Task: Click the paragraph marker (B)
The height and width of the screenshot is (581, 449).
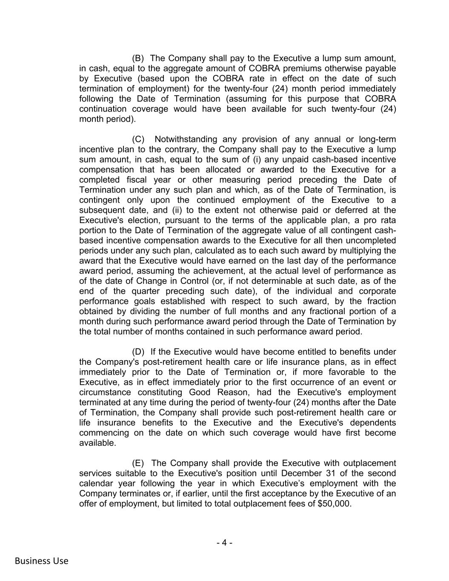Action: tap(138, 58)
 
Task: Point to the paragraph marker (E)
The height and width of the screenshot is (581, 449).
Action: tap(138, 463)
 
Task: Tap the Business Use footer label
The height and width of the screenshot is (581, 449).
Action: tap(41, 561)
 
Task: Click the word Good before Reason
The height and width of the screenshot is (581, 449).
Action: tap(200, 392)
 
